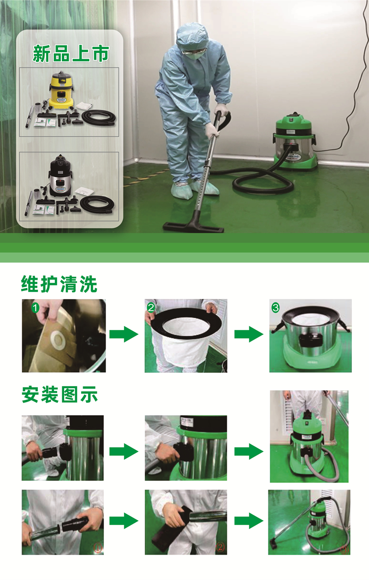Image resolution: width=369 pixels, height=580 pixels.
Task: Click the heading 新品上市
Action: tap(70, 54)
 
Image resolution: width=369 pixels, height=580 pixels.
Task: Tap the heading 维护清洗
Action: tap(59, 284)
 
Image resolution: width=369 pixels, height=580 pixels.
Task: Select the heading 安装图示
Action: tap(60, 395)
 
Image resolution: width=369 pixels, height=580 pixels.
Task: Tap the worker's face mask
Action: tap(196, 55)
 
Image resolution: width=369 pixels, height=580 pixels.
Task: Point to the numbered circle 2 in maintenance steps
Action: tap(151, 307)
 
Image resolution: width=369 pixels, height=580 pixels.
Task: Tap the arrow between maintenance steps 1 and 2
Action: tap(124, 334)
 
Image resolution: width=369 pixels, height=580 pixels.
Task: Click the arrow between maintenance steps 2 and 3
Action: tap(249, 334)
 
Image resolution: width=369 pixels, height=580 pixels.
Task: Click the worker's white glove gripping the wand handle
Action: tap(221, 110)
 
